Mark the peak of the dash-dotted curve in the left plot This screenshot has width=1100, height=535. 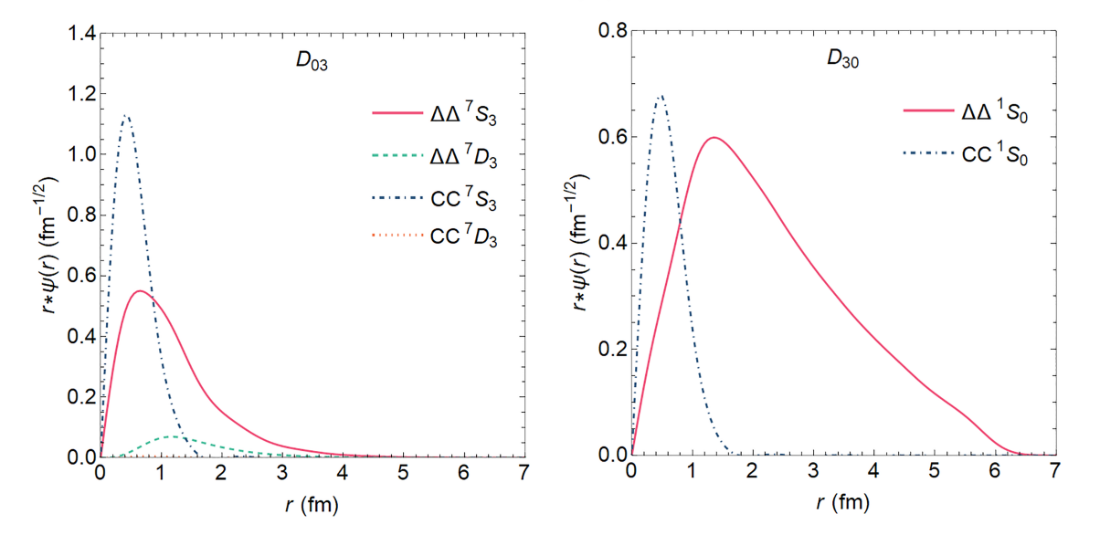127,116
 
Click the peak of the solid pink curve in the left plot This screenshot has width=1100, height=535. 140,291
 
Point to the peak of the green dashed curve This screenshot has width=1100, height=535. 172,436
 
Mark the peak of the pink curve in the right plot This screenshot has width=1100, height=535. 714,137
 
